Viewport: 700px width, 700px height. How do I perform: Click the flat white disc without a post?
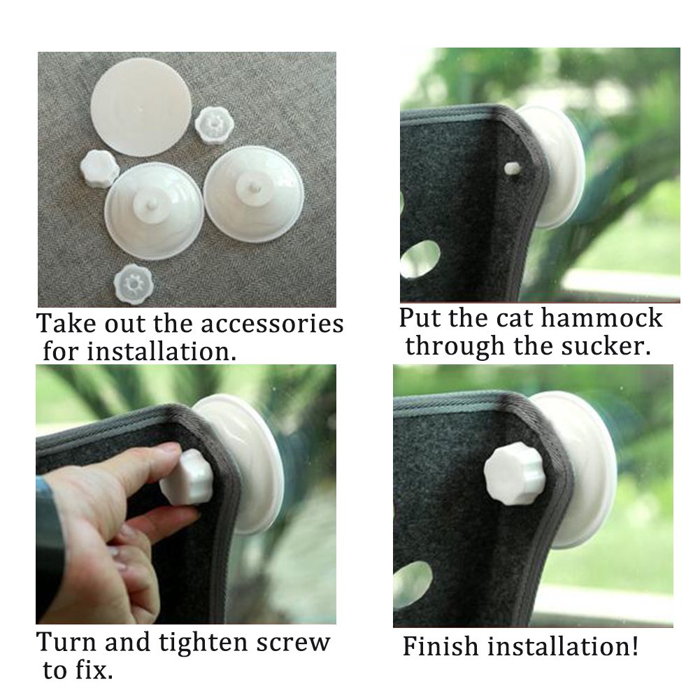click(x=141, y=106)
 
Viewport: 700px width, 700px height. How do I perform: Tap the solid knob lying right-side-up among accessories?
click(x=99, y=168)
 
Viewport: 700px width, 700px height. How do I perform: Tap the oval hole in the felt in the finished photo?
click(x=413, y=584)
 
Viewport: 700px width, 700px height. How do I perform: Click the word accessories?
click(x=273, y=324)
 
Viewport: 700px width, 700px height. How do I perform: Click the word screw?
click(x=293, y=642)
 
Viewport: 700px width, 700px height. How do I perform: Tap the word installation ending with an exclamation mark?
click(x=563, y=645)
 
